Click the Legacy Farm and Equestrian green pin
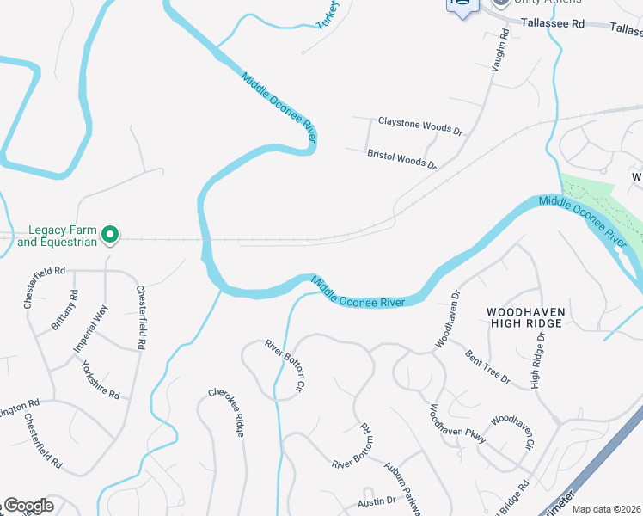110,234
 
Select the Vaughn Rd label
499,51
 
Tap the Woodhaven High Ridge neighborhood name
524,316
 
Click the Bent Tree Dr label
487,366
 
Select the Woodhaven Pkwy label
457,423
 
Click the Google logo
28,506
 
